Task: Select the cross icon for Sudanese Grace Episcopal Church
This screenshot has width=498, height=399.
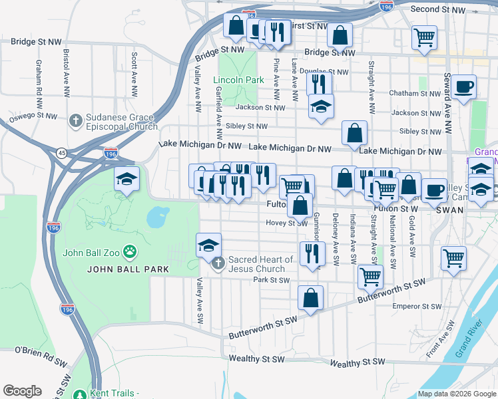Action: coord(77,120)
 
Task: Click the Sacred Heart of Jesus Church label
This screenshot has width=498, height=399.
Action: coord(260,264)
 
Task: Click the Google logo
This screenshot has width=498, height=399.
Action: coord(22,391)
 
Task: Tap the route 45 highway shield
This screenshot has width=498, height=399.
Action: coord(61,152)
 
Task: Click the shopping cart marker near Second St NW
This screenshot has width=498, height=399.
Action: coord(424,37)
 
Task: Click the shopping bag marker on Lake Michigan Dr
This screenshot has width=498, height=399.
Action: coord(354,133)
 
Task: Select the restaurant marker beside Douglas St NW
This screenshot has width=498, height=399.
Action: coord(320,83)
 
